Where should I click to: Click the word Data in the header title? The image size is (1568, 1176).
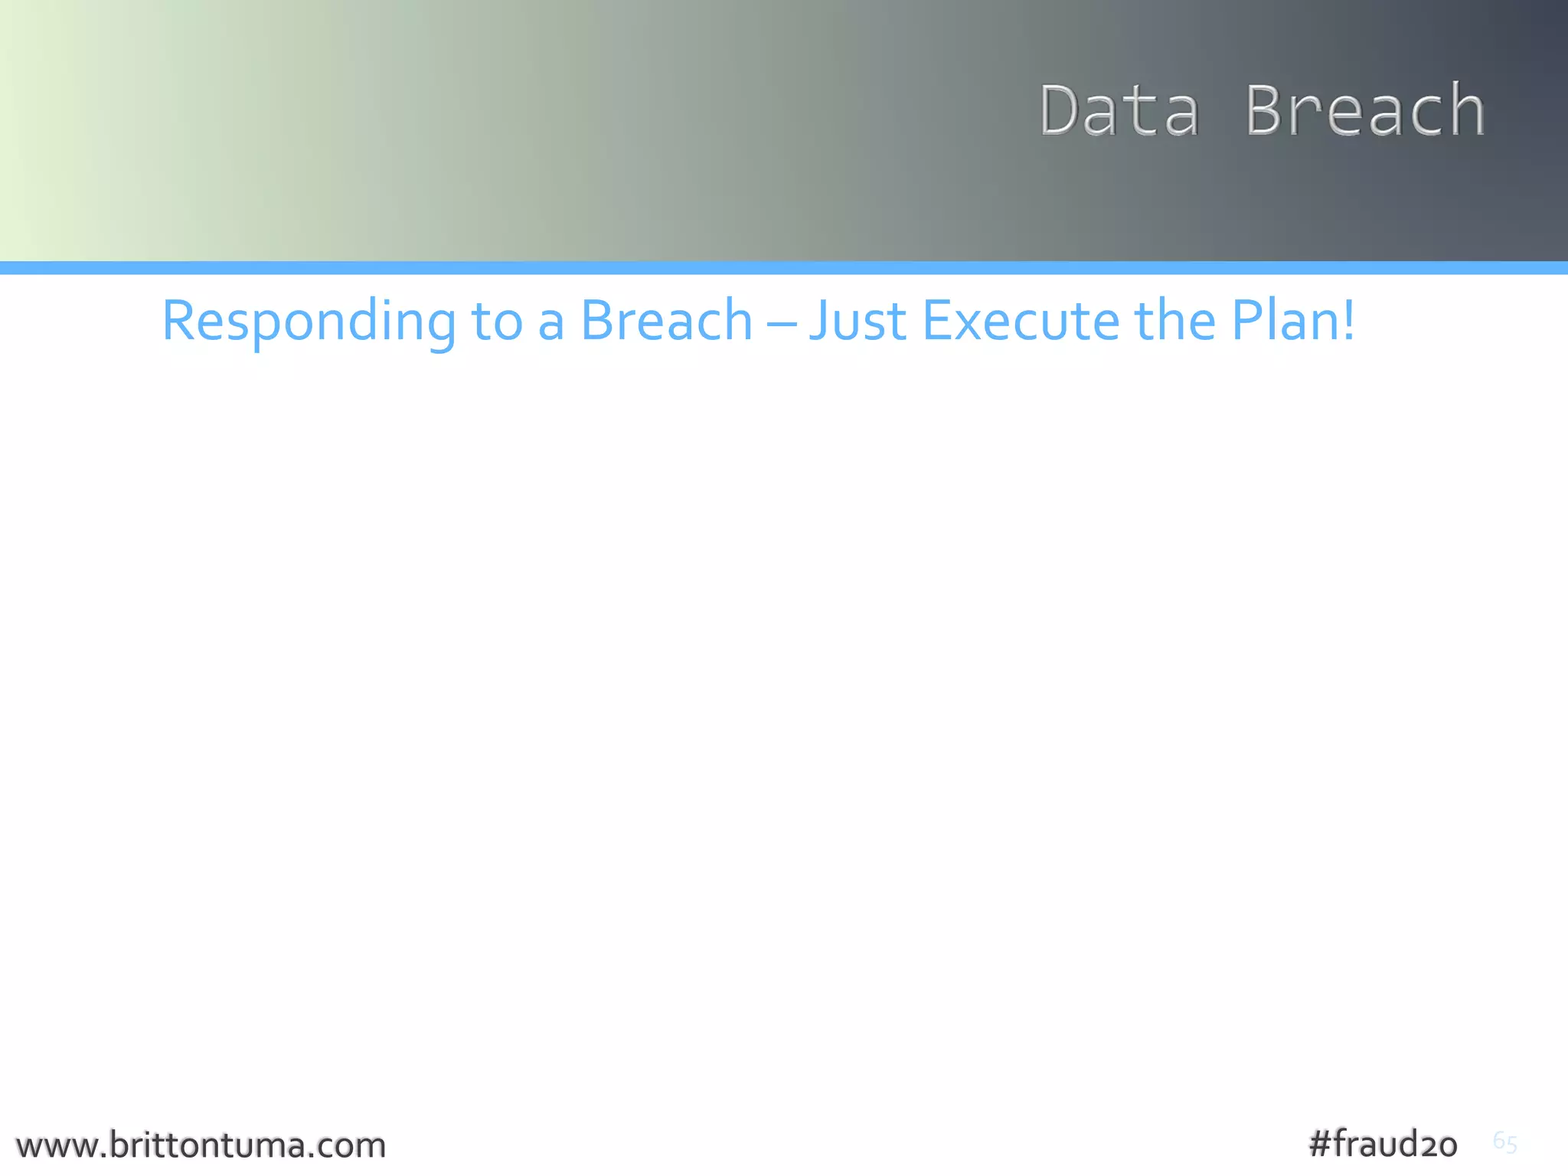pyautogui.click(x=1119, y=111)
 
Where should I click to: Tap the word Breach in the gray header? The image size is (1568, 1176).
pyautogui.click(x=1365, y=111)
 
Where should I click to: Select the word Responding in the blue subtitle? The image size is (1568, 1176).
pyautogui.click(x=308, y=322)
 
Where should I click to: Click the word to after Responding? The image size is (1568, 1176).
pyautogui.click(x=497, y=322)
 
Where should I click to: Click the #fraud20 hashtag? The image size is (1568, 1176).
pyautogui.click(x=1383, y=1144)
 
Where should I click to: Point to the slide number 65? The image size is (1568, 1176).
pyautogui.click(x=1504, y=1142)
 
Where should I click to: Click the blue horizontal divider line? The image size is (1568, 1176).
pyautogui.click(x=784, y=268)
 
